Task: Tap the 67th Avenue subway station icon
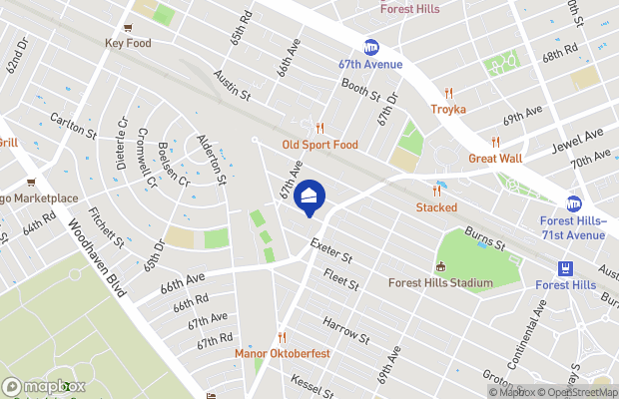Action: click(371, 47)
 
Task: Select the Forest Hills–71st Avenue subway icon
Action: click(574, 203)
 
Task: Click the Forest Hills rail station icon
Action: click(566, 267)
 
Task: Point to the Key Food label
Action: click(128, 43)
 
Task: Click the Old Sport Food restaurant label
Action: click(319, 145)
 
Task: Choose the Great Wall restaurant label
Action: click(495, 158)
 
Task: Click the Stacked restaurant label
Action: click(436, 207)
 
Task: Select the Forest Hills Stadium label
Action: click(440, 282)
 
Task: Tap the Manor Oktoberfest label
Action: click(282, 353)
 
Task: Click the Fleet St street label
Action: click(340, 281)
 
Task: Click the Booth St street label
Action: click(362, 92)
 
